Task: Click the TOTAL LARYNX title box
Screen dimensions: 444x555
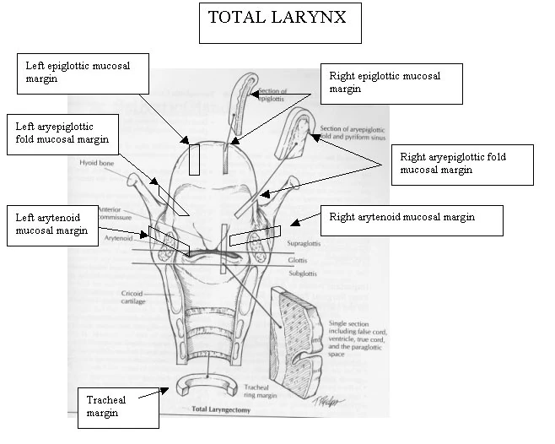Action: pyautogui.click(x=279, y=22)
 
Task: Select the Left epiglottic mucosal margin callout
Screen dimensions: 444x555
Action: pyautogui.click(x=83, y=73)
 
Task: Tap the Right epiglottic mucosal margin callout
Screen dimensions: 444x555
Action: pyautogui.click(x=392, y=83)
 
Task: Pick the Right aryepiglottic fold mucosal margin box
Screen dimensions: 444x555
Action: pyautogui.click(x=461, y=164)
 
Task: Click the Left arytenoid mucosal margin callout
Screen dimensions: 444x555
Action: pyautogui.click(x=57, y=225)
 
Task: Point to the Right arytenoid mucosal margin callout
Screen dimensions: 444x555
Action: pyautogui.click(x=412, y=220)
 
